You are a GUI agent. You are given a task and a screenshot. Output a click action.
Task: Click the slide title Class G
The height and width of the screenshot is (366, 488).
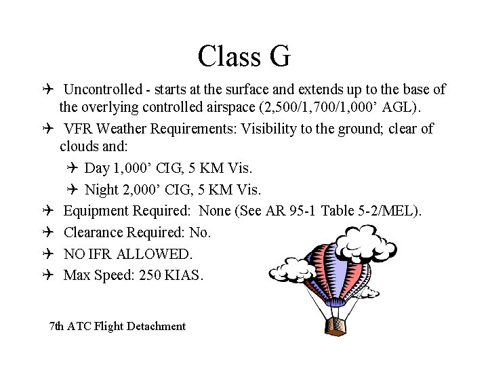[x=244, y=56]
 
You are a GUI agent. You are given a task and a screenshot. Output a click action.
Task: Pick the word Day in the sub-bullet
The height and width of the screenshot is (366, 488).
[x=98, y=167]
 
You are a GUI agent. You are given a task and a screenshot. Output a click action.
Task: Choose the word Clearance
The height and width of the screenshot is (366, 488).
[x=94, y=232]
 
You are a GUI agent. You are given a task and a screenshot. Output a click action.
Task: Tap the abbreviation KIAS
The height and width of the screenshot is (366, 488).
[x=184, y=275]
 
